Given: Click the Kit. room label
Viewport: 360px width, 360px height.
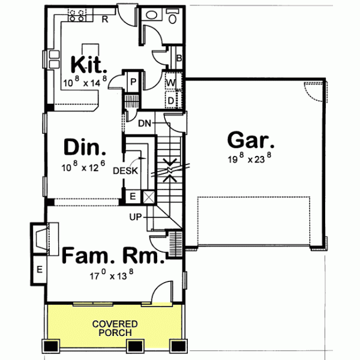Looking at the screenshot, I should [89, 63].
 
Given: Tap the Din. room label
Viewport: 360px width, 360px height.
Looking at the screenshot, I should [85, 148].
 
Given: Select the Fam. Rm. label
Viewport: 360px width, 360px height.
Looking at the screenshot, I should [113, 257].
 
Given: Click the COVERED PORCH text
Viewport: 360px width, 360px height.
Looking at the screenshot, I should [115, 328].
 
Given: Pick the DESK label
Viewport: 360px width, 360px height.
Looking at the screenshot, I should [126, 170].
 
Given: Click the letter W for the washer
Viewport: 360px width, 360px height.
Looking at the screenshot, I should [170, 82].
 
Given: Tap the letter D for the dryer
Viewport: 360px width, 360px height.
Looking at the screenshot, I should [170, 100].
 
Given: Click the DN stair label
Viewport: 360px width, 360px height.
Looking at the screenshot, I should [144, 124].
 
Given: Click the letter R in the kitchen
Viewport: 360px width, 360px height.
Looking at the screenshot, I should [104, 19].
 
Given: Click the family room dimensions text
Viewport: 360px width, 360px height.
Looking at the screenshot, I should [112, 277].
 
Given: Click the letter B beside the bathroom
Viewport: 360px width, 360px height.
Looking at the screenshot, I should [179, 58].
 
